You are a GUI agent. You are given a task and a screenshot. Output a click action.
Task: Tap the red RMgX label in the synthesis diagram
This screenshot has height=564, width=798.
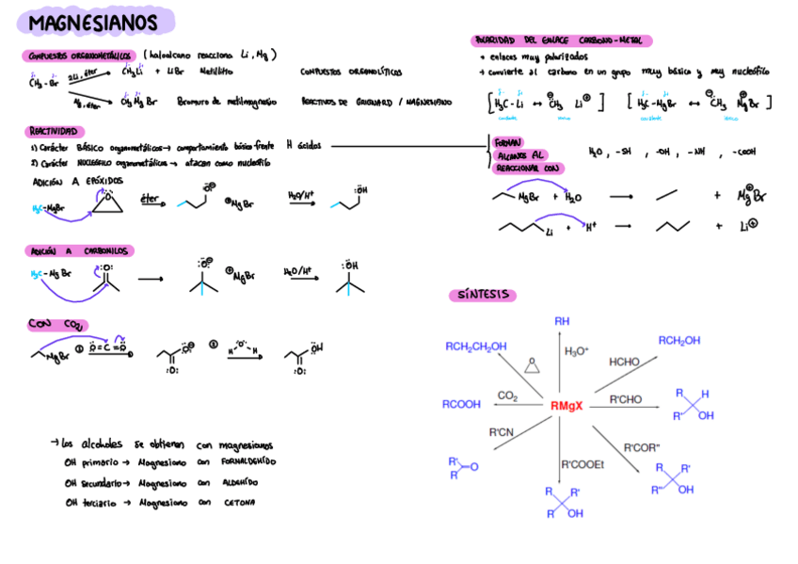[567, 406]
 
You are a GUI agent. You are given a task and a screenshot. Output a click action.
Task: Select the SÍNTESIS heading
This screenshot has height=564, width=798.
[483, 296]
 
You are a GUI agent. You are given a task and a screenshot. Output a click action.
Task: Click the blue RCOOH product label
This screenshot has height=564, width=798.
[461, 405]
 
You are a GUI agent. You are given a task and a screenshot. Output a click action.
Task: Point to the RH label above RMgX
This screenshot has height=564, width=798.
[562, 321]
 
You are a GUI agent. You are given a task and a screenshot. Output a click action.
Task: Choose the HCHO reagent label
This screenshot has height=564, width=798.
[625, 362]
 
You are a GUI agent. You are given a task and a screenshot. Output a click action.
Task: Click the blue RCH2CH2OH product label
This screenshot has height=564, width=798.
[476, 346]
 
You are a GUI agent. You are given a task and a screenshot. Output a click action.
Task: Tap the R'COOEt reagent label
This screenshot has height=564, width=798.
[582, 464]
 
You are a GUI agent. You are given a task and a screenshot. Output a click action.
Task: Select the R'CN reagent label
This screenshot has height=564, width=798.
[501, 432]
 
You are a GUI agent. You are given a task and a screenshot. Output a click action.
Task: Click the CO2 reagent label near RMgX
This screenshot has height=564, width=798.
[507, 396]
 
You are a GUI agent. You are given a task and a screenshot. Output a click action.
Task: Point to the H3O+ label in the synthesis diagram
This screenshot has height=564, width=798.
[577, 351]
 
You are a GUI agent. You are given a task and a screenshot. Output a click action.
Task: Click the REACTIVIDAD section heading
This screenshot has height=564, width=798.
[55, 132]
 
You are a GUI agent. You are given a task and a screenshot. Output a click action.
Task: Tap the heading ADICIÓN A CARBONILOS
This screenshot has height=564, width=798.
[80, 251]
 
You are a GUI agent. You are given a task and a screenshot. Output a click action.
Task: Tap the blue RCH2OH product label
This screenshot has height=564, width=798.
[678, 341]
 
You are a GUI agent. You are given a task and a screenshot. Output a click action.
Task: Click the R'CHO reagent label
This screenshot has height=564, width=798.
[626, 399]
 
